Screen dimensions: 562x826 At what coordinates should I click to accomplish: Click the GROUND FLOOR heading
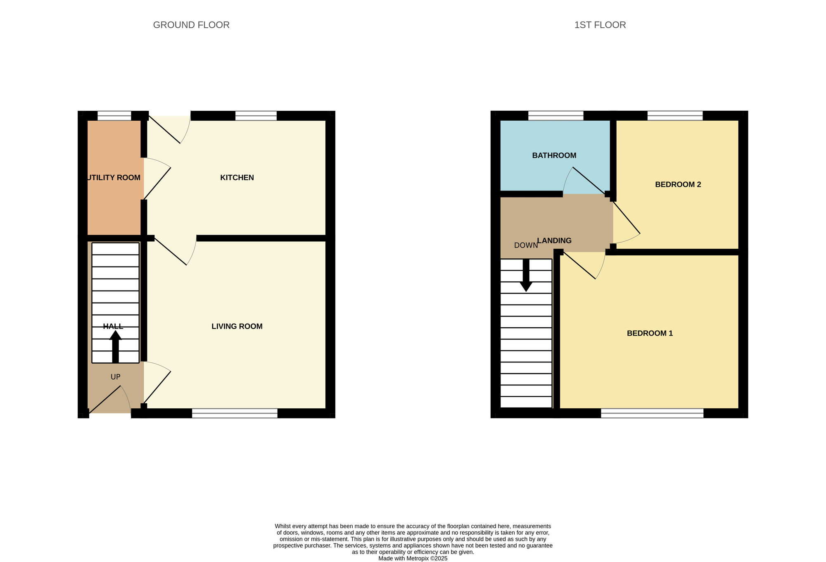pos(191,25)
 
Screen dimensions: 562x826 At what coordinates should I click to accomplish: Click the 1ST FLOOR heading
pos(600,25)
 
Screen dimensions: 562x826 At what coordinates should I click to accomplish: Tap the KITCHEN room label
pos(237,178)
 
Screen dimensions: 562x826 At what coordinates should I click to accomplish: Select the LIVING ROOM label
pos(237,326)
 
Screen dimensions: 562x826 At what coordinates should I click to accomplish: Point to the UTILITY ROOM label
pos(114,178)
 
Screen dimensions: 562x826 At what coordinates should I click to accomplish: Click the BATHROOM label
pos(554,156)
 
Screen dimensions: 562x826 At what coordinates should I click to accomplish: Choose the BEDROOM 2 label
pos(678,185)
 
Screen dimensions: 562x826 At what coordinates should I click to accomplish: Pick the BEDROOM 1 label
pos(650,333)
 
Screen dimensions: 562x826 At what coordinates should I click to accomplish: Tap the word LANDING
pos(554,241)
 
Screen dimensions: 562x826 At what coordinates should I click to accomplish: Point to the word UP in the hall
pos(116,377)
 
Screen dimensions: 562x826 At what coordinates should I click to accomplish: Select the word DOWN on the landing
pos(526,245)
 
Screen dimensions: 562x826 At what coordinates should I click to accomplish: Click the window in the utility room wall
pos(114,116)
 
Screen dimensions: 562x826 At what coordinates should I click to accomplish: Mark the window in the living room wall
pos(235,413)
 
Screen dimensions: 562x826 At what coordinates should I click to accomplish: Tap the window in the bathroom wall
pos(555,116)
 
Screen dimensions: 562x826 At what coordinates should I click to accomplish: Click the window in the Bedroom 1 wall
pos(652,413)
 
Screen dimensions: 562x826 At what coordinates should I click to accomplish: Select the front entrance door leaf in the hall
pos(105,400)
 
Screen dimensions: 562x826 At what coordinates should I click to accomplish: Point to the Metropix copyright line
pos(413,558)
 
